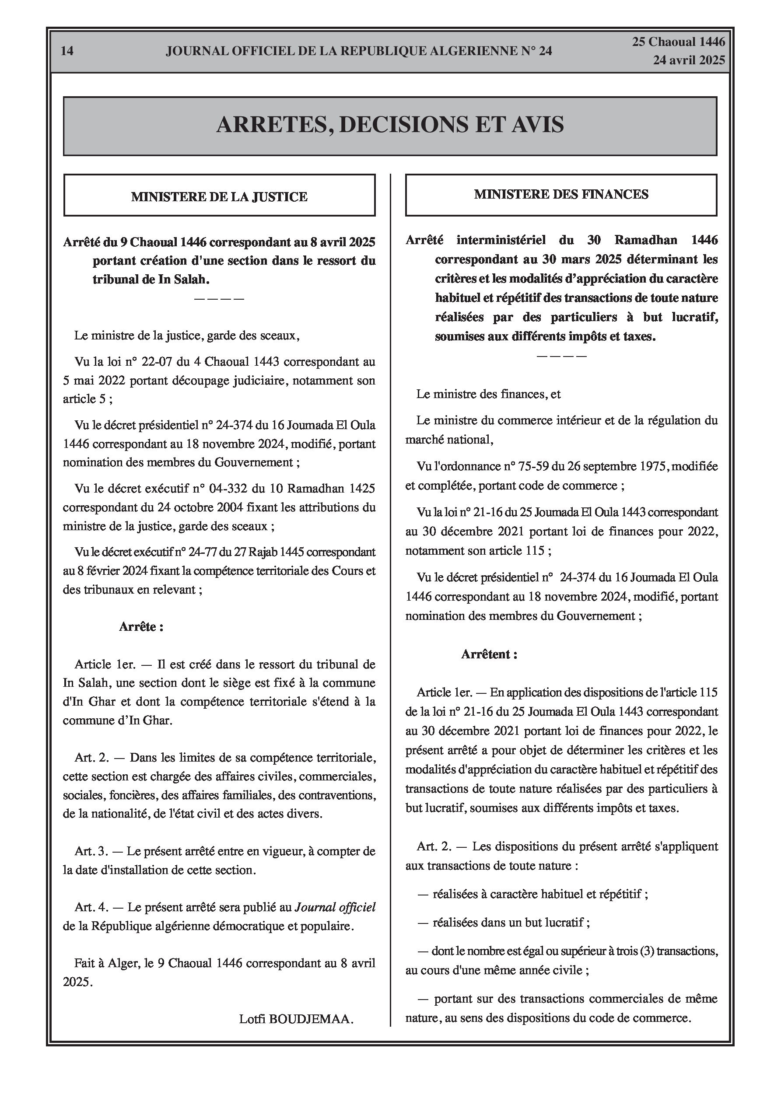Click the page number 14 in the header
[x=67, y=51]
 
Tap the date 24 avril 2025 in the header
[x=689, y=60]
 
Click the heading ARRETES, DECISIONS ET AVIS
[x=390, y=125]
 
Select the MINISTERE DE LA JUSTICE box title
[x=219, y=197]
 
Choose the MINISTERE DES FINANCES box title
[x=561, y=194]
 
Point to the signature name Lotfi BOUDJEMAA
[x=296, y=1019]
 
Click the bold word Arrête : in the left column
[x=141, y=626]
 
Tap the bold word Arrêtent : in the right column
[x=489, y=654]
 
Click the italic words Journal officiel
[x=335, y=907]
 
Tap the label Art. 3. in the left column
[x=91, y=851]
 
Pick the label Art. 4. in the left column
[x=91, y=907]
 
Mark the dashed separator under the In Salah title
[x=219, y=299]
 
